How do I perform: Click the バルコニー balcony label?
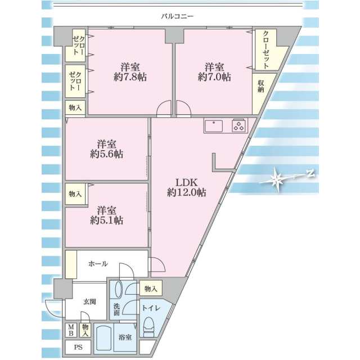coord(177,16)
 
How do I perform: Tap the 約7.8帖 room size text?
coord(130,77)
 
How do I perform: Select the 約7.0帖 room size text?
coord(214,77)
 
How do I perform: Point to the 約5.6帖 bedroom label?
coord(106,154)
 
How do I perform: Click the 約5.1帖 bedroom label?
coord(106,220)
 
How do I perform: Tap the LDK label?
coord(186,183)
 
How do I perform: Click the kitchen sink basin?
coord(214,126)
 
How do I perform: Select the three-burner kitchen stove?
coord(238,126)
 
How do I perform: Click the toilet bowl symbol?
coord(148,324)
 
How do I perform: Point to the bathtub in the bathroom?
coord(104,339)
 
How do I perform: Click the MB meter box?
coord(71,330)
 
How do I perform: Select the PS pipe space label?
coord(78,348)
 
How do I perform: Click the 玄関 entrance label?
coord(89,301)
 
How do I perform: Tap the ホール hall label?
coord(98,264)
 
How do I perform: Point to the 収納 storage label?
coord(260,86)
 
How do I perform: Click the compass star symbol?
coord(277,179)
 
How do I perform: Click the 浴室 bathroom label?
coord(125,337)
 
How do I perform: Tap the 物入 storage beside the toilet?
coord(151,289)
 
